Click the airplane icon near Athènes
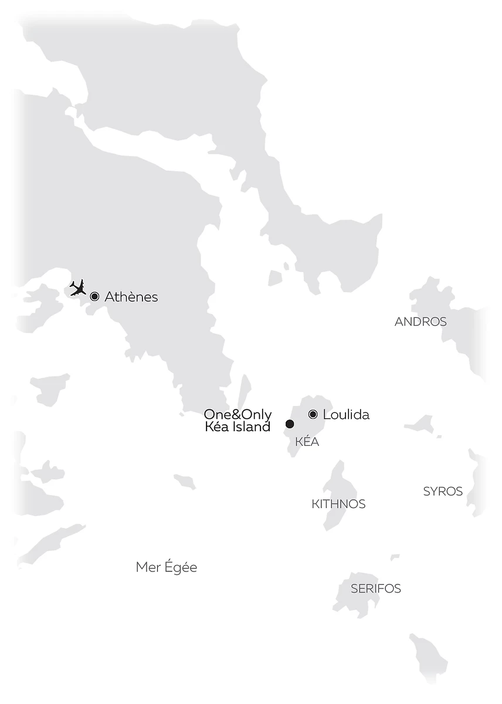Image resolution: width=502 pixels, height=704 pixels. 77,287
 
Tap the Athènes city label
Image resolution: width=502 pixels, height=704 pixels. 131,297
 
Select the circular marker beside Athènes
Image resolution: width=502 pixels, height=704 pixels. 94,297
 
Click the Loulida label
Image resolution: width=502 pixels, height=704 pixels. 346,415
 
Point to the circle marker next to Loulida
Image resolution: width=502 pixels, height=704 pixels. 313,414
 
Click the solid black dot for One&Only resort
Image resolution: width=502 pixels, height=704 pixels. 289,424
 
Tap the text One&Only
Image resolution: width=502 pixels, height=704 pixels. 238,415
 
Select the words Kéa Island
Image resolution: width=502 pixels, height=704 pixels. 238,427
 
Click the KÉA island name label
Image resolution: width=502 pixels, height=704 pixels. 307,442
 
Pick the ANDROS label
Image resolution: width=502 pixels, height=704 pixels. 420,321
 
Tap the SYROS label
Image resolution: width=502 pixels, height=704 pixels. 443,492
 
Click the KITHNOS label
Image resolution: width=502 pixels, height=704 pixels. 338,504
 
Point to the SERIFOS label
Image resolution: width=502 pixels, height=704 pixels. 376,588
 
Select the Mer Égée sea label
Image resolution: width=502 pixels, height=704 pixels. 167,567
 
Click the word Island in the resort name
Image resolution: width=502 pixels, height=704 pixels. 251,427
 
